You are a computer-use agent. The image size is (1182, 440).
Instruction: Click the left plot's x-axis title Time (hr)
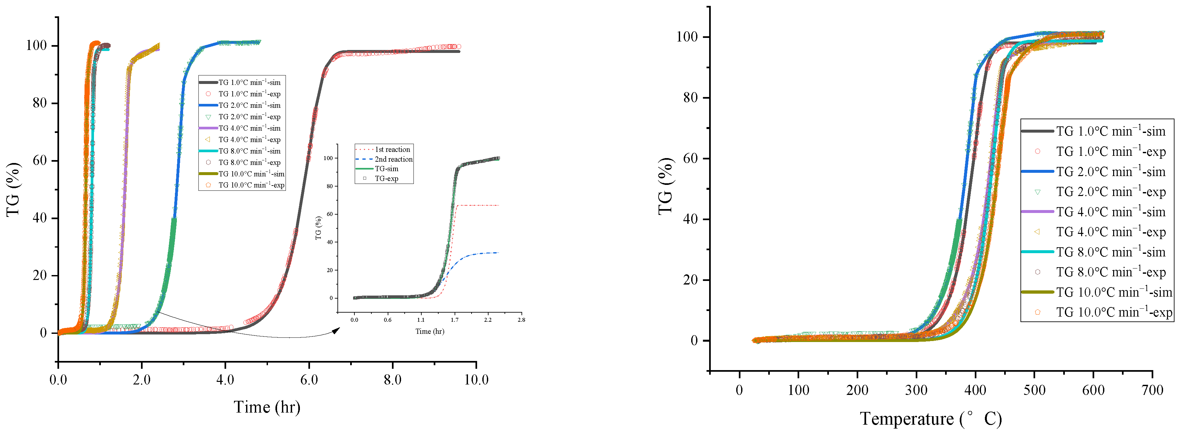(267, 407)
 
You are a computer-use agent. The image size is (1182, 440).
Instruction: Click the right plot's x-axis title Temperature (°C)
(930, 419)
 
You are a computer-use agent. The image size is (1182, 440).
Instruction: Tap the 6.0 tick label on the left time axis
(309, 380)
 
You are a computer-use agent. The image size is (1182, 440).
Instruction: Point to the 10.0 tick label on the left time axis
(476, 380)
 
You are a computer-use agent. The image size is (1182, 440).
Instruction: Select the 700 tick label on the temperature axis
(1152, 390)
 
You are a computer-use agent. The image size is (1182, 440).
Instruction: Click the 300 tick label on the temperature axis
(916, 390)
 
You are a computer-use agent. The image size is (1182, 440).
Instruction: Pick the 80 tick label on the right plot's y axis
(690, 97)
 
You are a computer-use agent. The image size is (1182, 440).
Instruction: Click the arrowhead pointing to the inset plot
(336, 330)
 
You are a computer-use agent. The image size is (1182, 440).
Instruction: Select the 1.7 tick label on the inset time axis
(454, 320)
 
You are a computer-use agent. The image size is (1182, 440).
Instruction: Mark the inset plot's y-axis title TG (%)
(319, 228)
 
